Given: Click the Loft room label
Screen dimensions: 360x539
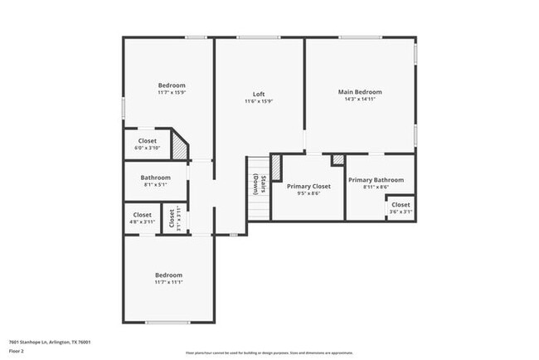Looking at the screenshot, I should (x=259, y=93).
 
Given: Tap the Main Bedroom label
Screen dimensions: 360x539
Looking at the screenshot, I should (x=360, y=91).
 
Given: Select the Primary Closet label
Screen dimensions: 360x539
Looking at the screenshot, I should (x=308, y=187).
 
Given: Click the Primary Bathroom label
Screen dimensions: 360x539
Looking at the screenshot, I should (x=376, y=180).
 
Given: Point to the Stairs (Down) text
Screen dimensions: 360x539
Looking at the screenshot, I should (x=259, y=187).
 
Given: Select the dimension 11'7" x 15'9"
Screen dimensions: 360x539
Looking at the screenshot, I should (x=172, y=92).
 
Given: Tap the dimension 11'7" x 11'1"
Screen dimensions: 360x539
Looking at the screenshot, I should (x=168, y=283).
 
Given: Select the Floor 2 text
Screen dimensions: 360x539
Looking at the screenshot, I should (x=17, y=350).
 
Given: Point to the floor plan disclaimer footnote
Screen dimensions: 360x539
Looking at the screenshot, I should (x=269, y=352).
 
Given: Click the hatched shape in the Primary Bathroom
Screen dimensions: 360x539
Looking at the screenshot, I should (x=337, y=159).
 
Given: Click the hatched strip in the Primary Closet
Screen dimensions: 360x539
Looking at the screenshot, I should (x=277, y=168).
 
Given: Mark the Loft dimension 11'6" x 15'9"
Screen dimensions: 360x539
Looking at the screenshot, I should (x=259, y=101).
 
